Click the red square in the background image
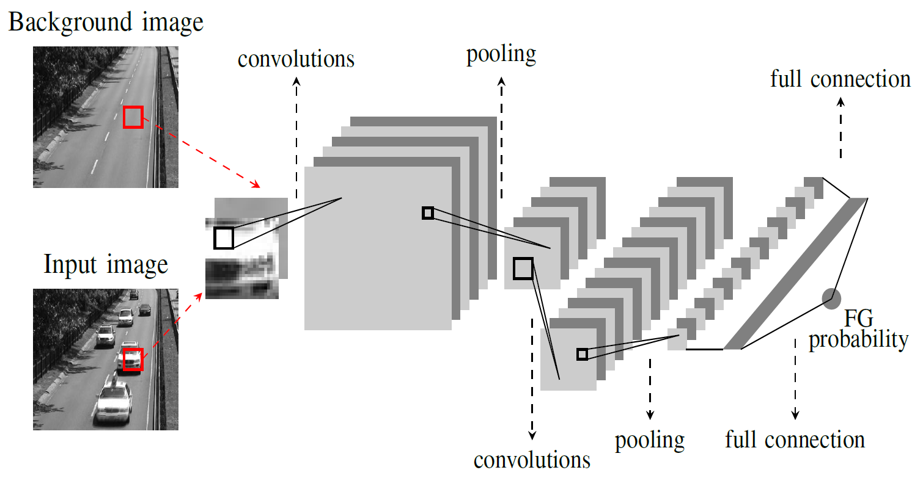[133, 117]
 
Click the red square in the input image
[133, 360]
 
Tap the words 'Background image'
[106, 23]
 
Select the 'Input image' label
[106, 266]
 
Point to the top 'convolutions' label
[296, 59]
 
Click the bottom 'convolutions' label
[532, 460]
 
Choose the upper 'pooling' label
[501, 54]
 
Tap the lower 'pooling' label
[650, 439]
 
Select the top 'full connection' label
[840, 79]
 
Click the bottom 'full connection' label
[795, 439]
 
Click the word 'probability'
[858, 339]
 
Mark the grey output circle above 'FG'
[831, 298]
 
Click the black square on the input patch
[224, 238]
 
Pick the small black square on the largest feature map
[428, 213]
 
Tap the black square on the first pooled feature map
[523, 269]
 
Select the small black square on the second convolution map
[582, 354]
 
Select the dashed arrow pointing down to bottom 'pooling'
[650, 388]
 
